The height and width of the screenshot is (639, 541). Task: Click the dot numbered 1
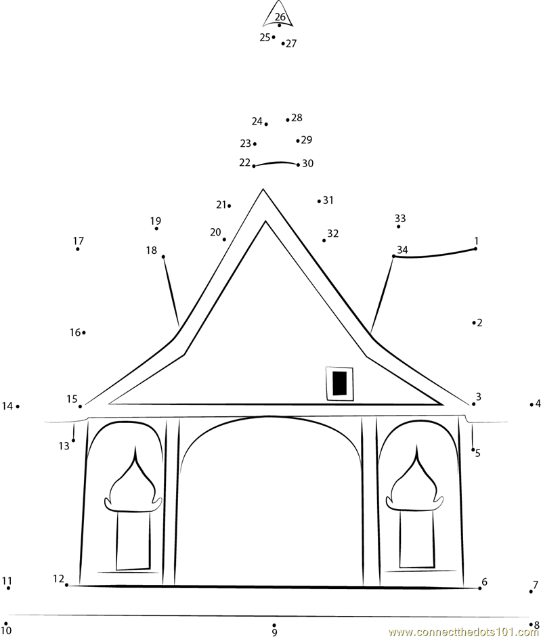coord(475,248)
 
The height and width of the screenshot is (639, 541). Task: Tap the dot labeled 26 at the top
coord(279,25)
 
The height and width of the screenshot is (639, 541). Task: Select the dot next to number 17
coord(77,249)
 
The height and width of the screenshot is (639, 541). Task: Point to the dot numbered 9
coord(274,625)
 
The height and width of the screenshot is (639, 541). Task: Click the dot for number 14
coord(18,406)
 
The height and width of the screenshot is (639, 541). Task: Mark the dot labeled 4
coord(532,405)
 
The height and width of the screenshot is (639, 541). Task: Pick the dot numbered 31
coord(319,201)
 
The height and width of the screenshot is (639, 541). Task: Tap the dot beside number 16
coord(84,332)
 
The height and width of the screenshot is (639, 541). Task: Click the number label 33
coord(400,217)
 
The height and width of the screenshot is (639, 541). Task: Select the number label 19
coord(155,221)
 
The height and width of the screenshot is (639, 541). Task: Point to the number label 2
coord(480,323)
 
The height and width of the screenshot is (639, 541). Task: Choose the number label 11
coord(7,581)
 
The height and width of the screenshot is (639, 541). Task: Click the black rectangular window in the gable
coord(340,383)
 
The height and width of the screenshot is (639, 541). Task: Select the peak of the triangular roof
coord(263,189)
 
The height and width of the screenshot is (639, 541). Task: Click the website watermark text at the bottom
coord(464,632)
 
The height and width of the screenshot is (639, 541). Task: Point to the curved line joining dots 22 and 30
coord(276,162)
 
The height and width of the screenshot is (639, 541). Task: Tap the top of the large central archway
coord(268,416)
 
